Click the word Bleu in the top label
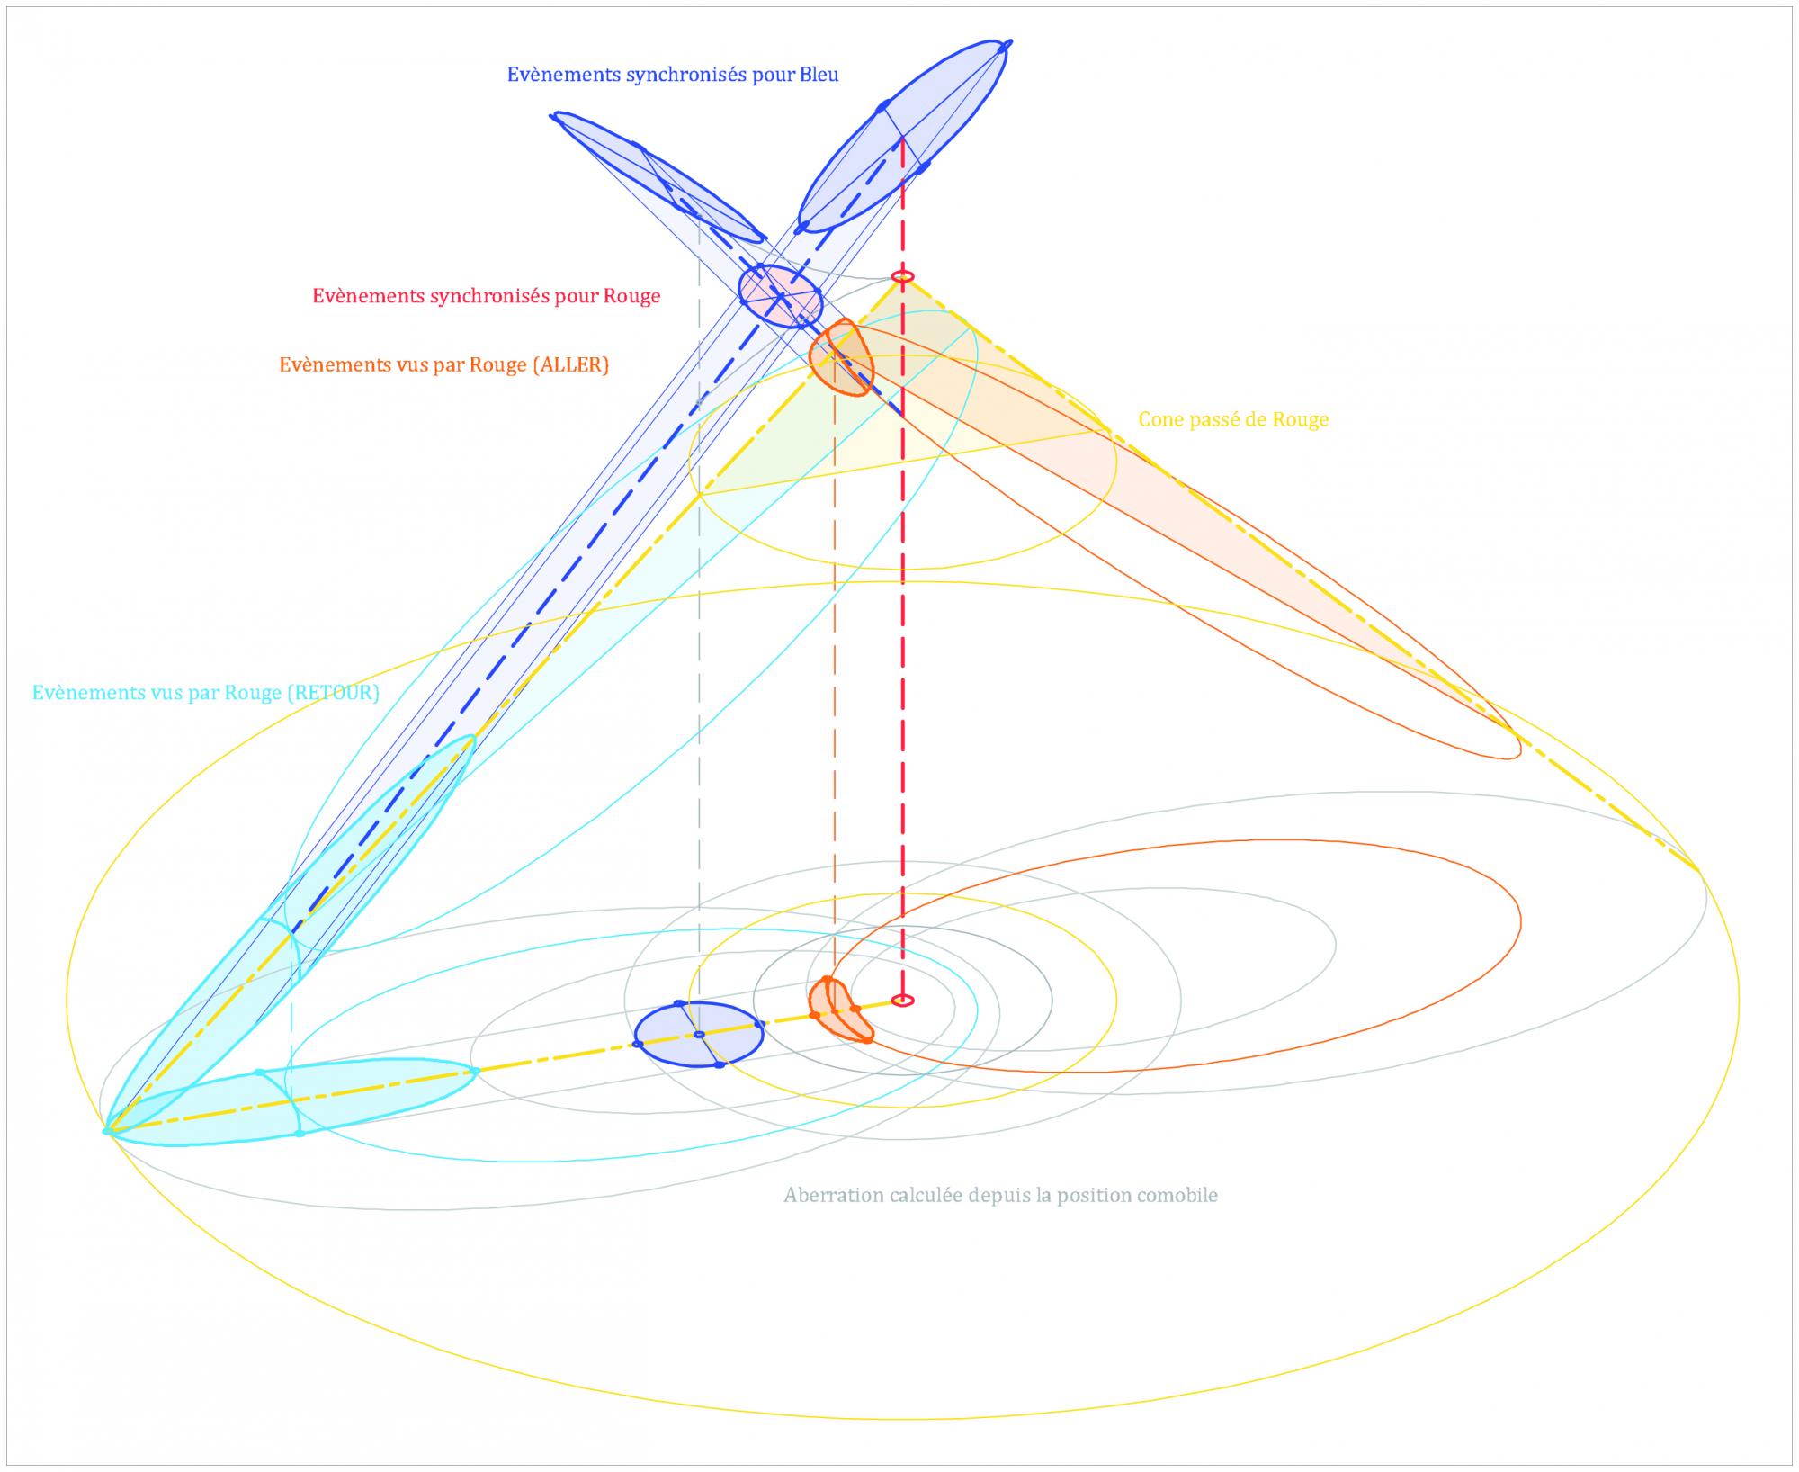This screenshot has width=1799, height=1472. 819,75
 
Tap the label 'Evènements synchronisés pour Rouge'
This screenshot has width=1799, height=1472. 487,296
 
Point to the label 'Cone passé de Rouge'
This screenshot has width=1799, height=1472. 1233,419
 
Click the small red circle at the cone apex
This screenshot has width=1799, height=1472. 902,276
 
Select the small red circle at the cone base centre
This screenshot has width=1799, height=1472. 902,1001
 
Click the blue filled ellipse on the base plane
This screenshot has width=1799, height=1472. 699,1035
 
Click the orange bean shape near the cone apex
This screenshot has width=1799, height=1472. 839,357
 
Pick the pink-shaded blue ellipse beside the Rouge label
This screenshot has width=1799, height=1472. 780,295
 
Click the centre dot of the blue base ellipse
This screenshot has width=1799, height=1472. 699,1035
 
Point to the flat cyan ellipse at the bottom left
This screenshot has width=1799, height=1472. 297,1105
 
